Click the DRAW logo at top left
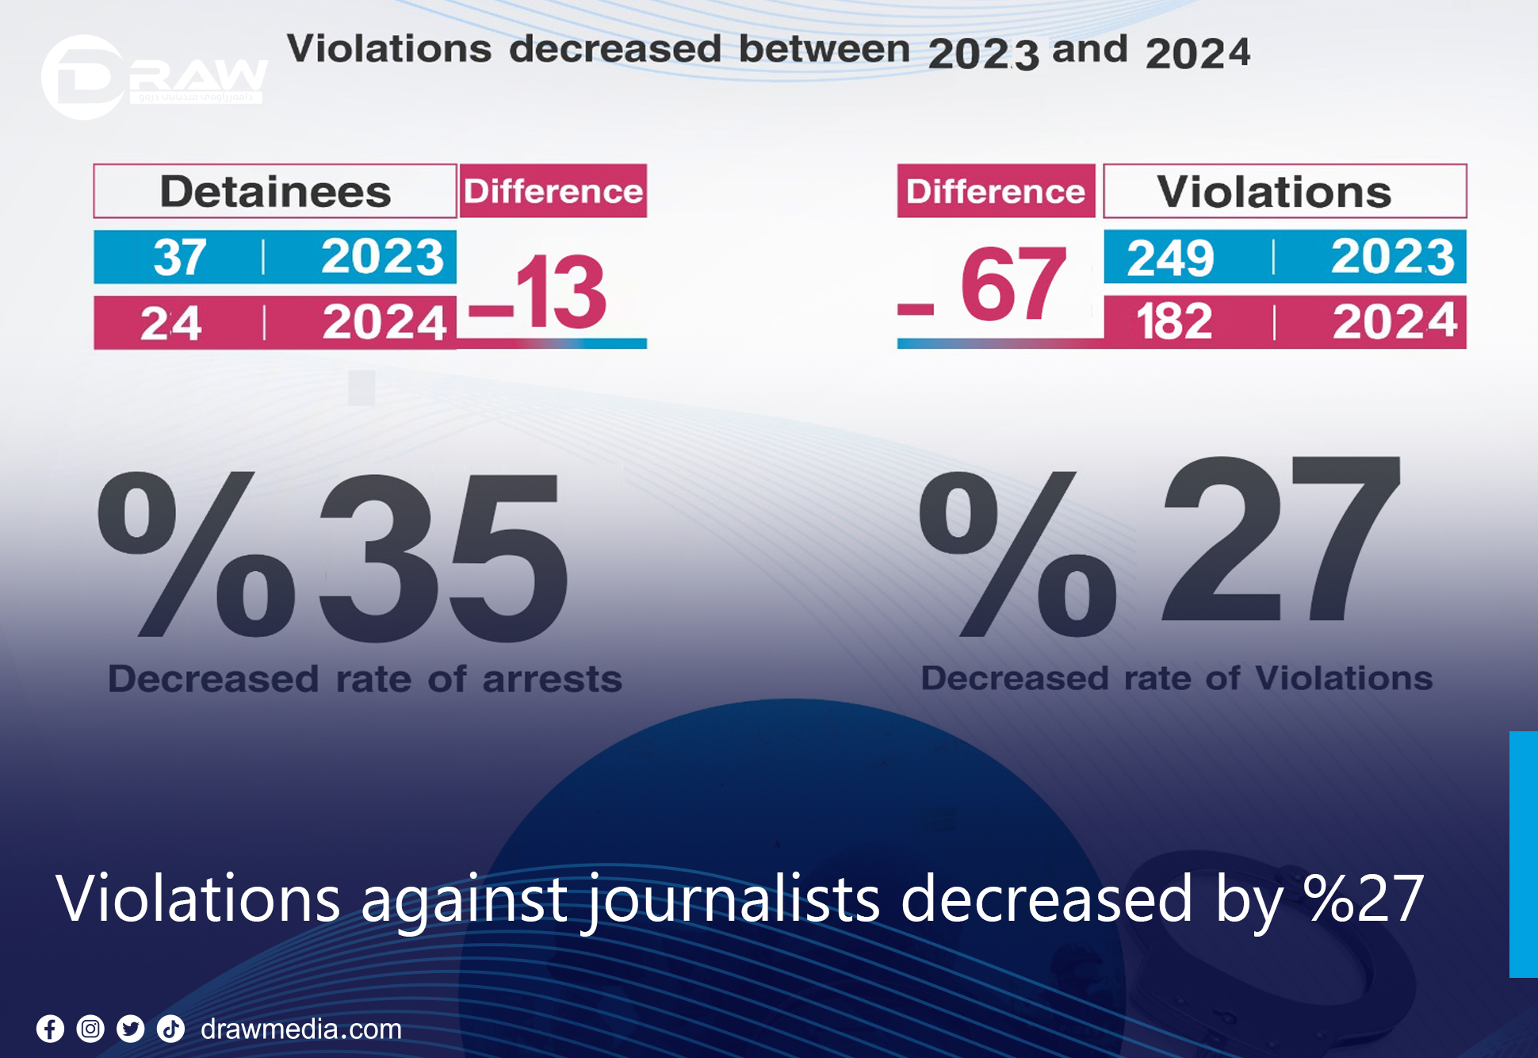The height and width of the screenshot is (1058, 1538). tap(151, 78)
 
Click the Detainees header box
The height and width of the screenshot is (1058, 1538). tap(274, 191)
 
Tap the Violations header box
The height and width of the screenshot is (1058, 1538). tap(1284, 191)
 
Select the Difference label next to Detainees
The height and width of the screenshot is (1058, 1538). tap(553, 191)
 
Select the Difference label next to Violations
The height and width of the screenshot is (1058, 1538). tap(996, 191)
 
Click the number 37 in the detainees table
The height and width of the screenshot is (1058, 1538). tap(180, 258)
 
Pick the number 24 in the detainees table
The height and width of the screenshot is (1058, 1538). tap(170, 323)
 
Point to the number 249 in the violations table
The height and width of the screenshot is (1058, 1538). tap(1170, 258)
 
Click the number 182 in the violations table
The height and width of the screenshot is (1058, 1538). tap(1174, 322)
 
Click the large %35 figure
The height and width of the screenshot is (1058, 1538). tap(333, 555)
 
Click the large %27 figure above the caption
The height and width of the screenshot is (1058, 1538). tap(1157, 547)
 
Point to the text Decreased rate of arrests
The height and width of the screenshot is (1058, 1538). tap(365, 679)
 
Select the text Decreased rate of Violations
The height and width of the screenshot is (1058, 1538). tap(1176, 678)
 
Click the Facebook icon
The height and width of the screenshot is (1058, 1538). tap(50, 1029)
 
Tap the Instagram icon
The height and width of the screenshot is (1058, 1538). tap(90, 1029)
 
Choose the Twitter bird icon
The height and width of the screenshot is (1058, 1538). tap(131, 1029)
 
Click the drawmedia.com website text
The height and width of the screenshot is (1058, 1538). tap(301, 1029)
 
